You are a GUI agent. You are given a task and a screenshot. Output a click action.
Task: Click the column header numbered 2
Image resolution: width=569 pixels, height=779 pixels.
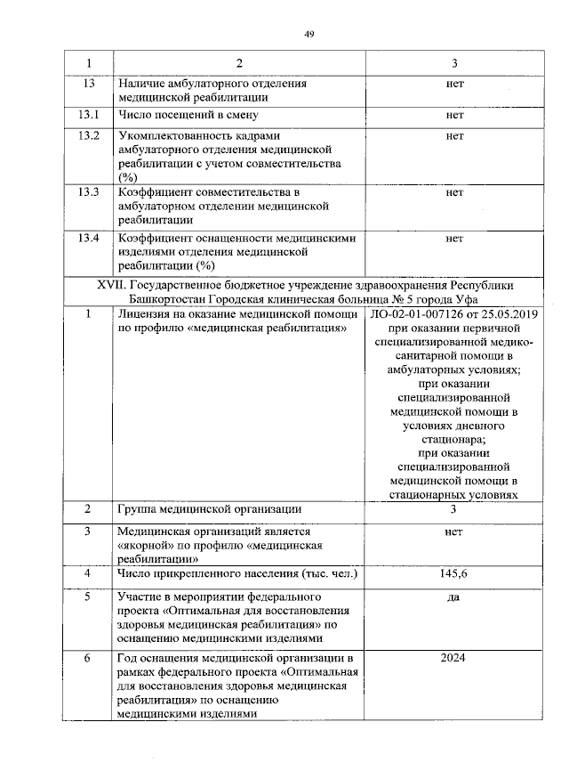pos(238,64)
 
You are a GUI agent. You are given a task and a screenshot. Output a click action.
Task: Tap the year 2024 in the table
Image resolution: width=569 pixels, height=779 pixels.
pos(454,658)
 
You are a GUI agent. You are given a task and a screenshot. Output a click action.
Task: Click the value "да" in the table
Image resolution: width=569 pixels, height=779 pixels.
pos(454,596)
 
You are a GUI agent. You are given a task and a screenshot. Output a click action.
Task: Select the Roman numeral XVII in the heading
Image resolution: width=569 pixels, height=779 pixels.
pos(110,285)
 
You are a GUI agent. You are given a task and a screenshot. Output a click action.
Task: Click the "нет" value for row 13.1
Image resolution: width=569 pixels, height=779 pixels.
pos(454,116)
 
